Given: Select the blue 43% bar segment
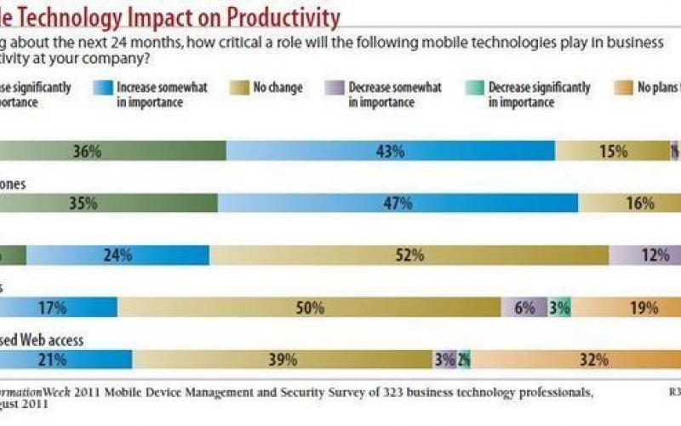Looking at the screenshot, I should point(390,151).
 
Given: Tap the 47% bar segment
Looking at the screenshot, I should point(398,203).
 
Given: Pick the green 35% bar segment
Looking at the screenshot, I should point(108,203).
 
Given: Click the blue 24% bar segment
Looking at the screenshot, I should point(117,255).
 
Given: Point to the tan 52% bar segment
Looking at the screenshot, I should point(409,255).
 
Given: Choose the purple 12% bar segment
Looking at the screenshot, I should point(645,255).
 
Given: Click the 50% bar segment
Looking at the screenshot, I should point(310,308).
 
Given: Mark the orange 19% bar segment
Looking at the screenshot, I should point(627,308).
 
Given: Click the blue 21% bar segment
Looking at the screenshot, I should point(66,360).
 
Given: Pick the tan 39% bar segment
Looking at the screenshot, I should point(283,360).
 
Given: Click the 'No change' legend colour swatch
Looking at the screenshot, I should point(237,88).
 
